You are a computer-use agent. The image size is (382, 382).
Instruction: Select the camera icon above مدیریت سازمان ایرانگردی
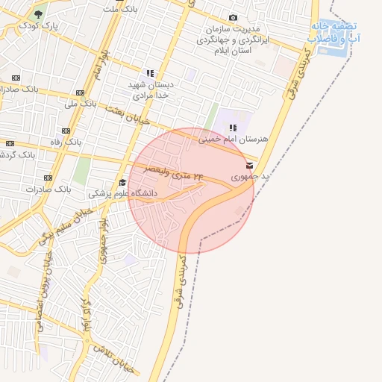(234, 18)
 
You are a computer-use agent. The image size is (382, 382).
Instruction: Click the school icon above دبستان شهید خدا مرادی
(150, 73)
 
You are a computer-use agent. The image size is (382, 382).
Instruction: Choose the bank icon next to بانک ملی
(80, 93)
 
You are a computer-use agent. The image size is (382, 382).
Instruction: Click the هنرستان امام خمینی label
(233, 139)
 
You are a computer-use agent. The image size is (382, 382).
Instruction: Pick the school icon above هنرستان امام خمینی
(233, 128)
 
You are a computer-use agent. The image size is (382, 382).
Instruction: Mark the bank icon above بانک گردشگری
(10, 143)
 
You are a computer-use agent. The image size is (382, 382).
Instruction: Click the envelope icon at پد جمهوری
(249, 166)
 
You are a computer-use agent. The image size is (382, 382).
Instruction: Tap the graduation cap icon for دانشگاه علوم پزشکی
(122, 182)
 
